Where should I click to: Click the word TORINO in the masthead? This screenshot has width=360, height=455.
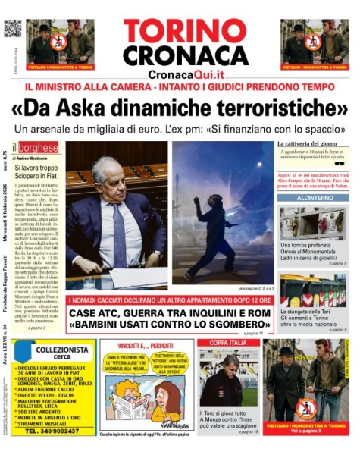185,32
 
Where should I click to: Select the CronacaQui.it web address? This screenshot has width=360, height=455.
186,74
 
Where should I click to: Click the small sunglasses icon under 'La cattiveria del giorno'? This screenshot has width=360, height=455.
338,163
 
